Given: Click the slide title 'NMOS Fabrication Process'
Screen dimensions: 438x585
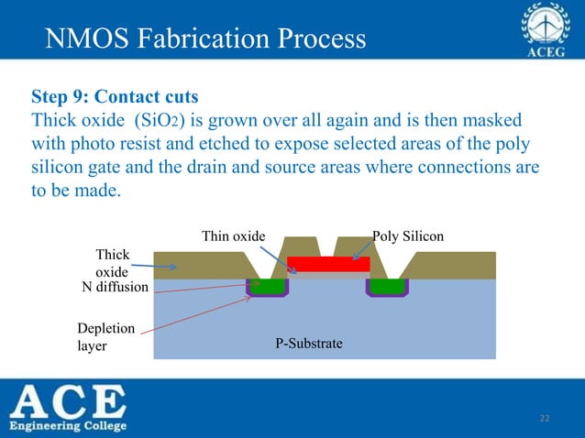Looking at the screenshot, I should pyautogui.click(x=205, y=39).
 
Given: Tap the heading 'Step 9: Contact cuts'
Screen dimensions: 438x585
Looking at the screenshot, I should pyautogui.click(x=115, y=96).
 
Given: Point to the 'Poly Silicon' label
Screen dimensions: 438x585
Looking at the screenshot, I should pyautogui.click(x=408, y=237).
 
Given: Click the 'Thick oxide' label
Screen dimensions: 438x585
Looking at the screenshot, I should pyautogui.click(x=113, y=263).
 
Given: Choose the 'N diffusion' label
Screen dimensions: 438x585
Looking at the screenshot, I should pyautogui.click(x=115, y=289).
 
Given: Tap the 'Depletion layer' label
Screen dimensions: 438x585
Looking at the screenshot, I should pyautogui.click(x=106, y=336).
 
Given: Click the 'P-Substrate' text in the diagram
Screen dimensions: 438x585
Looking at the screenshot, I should pyautogui.click(x=309, y=344).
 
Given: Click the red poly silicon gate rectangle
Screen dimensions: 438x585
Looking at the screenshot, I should pyautogui.click(x=328, y=264).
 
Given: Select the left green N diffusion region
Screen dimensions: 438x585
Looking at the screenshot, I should pyautogui.click(x=268, y=286).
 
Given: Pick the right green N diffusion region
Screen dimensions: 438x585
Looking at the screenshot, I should pyautogui.click(x=387, y=286).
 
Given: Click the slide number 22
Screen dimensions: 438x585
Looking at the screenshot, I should pyautogui.click(x=545, y=419).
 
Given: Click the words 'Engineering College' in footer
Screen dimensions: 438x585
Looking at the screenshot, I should pyautogui.click(x=69, y=426).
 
